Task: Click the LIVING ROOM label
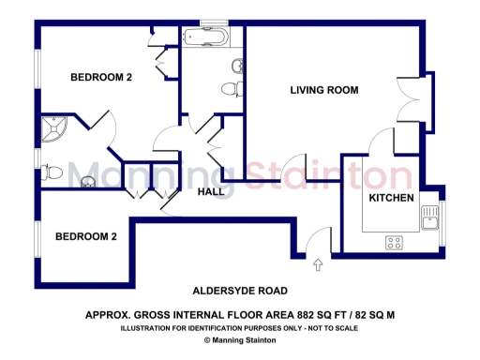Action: click(325, 90)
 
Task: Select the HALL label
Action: click(211, 192)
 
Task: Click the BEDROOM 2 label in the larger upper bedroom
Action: click(100, 78)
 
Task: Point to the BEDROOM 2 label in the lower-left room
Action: click(85, 237)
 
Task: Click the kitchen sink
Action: click(430, 218)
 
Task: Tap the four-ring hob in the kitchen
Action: click(395, 243)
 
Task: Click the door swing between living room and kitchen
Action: click(382, 141)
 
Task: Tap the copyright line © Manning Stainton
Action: click(239, 340)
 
